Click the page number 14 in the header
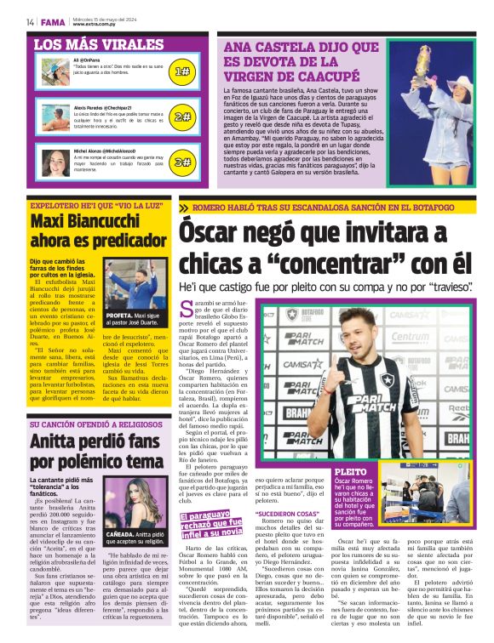30,22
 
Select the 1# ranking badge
181,72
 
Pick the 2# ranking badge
181,117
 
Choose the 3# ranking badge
181,161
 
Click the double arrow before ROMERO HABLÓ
184,208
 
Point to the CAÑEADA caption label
123,535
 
